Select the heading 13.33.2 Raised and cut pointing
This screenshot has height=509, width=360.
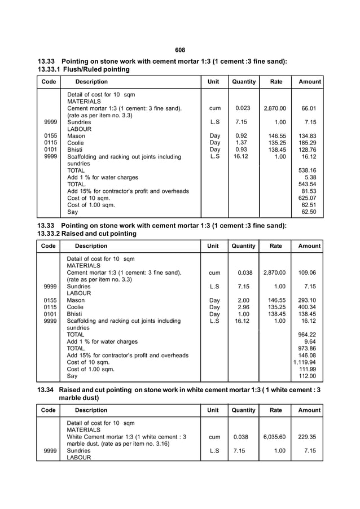[86, 234]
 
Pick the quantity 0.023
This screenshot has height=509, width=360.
[243, 108]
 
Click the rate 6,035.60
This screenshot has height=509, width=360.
[274, 437]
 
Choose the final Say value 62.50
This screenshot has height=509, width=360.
[308, 212]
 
